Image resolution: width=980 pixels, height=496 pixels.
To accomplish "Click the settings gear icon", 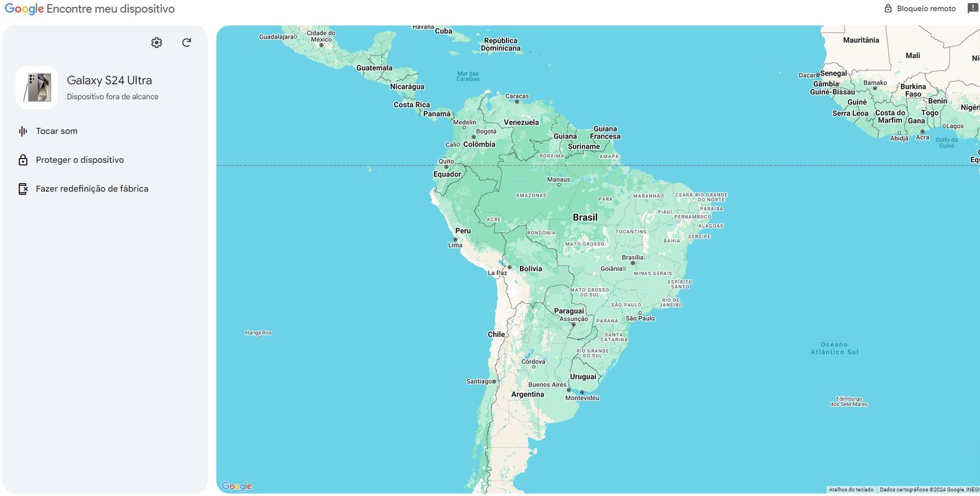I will (x=157, y=42).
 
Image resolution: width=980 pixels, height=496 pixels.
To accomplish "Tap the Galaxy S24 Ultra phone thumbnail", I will (x=37, y=88).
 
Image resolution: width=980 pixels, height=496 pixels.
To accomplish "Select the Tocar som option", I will (x=56, y=131).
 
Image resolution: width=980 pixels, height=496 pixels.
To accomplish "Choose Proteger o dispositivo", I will (x=80, y=160).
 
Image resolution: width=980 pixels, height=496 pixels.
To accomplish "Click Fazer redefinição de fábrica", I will (x=92, y=189).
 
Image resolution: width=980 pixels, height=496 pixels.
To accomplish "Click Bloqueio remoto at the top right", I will (x=920, y=9).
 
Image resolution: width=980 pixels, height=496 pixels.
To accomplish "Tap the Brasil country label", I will (x=585, y=217).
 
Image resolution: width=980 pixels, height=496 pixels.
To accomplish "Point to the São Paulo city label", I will (x=640, y=318).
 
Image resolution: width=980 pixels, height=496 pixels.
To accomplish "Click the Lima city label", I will (x=455, y=245).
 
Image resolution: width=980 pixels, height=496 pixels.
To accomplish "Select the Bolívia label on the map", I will (x=530, y=269).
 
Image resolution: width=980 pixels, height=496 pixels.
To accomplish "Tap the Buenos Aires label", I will (x=547, y=385).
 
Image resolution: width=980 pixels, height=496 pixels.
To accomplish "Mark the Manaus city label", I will (x=559, y=179).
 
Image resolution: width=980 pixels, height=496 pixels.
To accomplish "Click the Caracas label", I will (x=517, y=96).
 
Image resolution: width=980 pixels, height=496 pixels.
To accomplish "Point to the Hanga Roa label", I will (x=258, y=333).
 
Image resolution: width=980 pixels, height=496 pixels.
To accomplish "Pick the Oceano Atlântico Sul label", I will (x=834, y=348).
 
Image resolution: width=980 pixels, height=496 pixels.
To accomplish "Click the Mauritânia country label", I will (x=861, y=40).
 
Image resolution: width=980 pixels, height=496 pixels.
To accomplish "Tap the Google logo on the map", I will (x=236, y=486).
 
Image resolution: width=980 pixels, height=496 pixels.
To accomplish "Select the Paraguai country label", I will (x=569, y=311).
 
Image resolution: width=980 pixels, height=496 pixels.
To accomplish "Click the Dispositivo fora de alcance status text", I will (x=112, y=97).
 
